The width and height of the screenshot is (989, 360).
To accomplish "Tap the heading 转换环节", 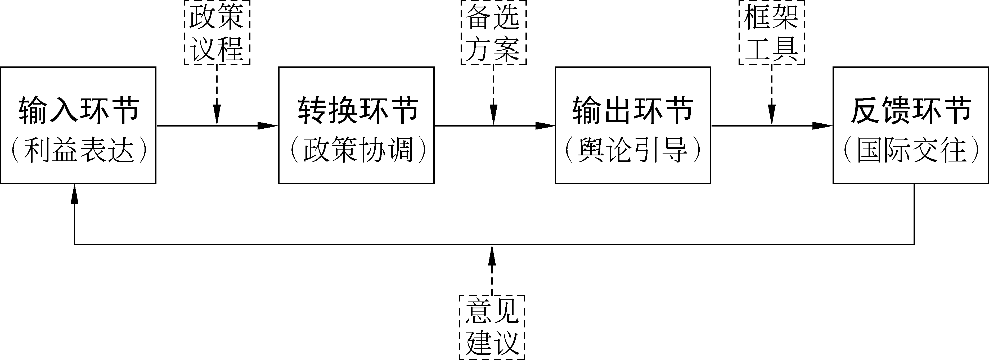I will pyautogui.click(x=358, y=111).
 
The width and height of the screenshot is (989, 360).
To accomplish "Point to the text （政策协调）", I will pyautogui.click(x=358, y=150).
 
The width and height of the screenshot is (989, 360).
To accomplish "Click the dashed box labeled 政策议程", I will pyautogui.click(x=217, y=32).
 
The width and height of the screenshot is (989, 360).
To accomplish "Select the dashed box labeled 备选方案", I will pyautogui.click(x=493, y=32).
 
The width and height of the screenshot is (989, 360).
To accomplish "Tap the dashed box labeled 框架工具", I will pyautogui.click(x=772, y=32).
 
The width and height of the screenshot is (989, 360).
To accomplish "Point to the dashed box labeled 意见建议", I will pyautogui.click(x=492, y=327).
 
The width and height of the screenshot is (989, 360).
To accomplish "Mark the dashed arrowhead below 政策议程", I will pyautogui.click(x=217, y=115).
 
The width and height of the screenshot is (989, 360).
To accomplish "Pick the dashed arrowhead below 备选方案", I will pyautogui.click(x=493, y=115).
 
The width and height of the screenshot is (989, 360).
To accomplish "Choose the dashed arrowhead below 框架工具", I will pyautogui.click(x=772, y=115).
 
